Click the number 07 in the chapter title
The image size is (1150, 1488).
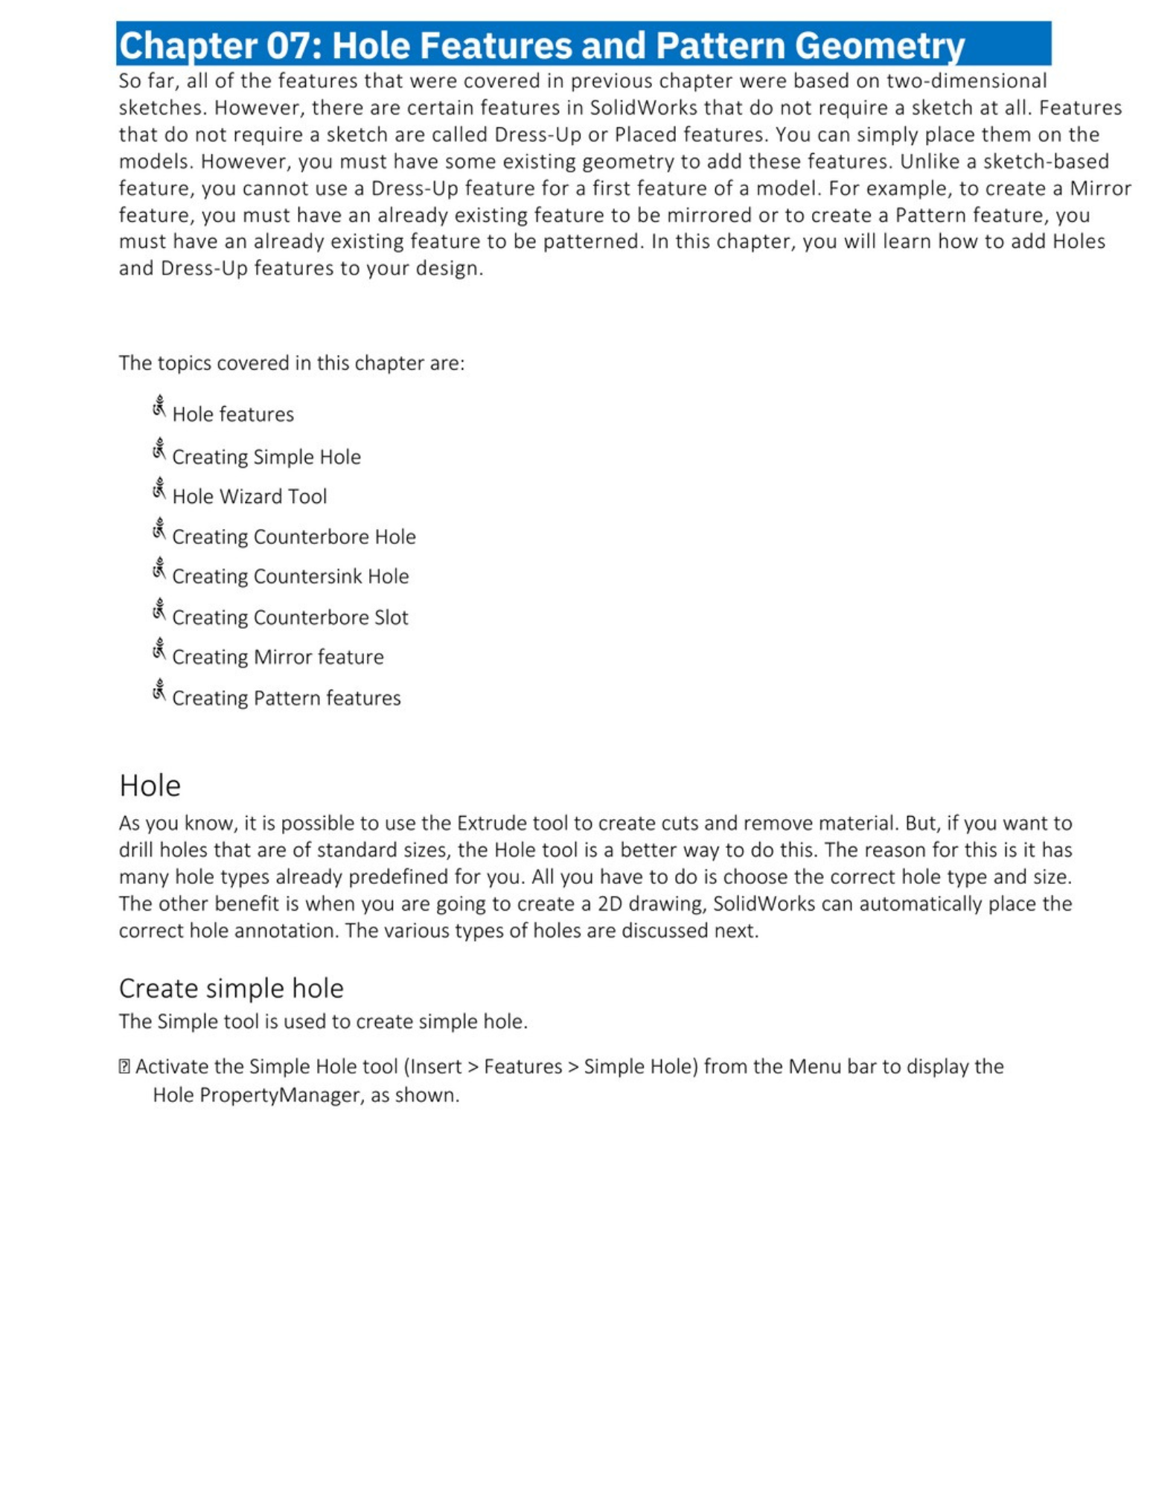[x=289, y=45]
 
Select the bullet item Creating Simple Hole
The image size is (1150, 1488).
[x=266, y=457]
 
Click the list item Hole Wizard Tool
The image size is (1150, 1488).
[x=249, y=496]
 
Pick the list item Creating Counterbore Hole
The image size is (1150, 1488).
[x=293, y=536]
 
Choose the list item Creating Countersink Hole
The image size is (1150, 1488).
[x=290, y=576]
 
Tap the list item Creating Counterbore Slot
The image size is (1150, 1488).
[x=290, y=617]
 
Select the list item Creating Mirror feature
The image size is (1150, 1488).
[x=278, y=657]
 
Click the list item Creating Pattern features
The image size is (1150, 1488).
[x=286, y=698]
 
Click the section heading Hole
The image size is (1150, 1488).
[x=150, y=786]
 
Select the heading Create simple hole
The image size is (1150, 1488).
[x=231, y=988]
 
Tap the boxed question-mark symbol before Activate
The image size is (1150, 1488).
[x=124, y=1067]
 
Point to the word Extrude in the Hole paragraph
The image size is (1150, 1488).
[x=492, y=823]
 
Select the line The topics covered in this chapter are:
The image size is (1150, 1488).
[x=291, y=363]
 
